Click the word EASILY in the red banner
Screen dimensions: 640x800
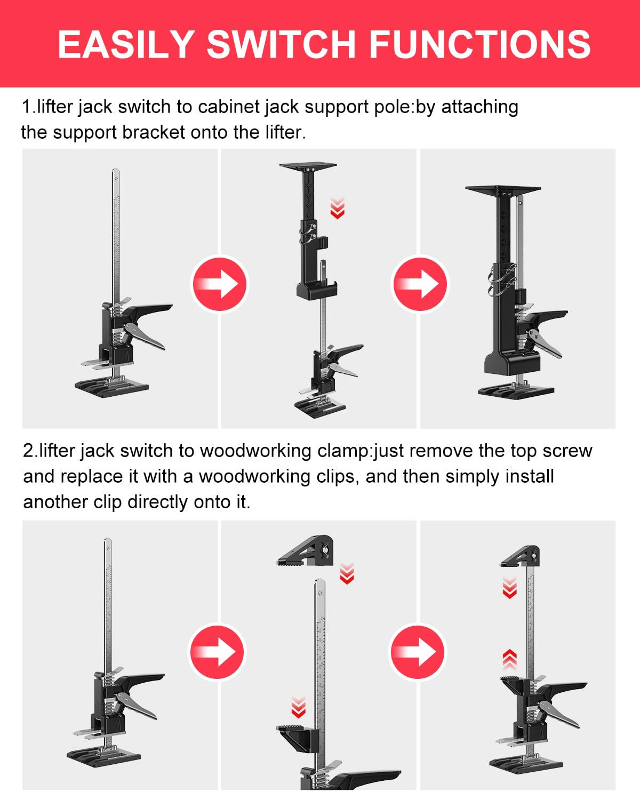click(x=126, y=44)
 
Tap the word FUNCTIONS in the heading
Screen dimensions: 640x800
click(x=479, y=44)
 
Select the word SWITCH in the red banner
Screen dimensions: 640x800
click(x=281, y=44)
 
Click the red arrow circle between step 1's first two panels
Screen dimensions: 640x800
click(x=220, y=284)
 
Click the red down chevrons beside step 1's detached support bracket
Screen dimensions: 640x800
click(x=337, y=208)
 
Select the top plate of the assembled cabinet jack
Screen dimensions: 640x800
click(x=503, y=189)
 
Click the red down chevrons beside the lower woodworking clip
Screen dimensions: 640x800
click(x=298, y=707)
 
